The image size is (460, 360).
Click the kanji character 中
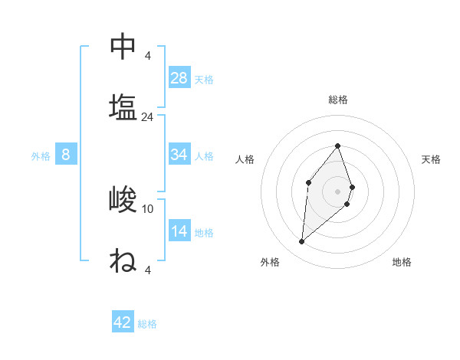tap(123, 46)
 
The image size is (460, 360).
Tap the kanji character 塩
tap(123, 106)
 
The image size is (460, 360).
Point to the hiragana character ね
tap(123, 260)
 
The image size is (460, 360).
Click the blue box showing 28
tap(179, 77)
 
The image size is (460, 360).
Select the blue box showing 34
tap(179, 155)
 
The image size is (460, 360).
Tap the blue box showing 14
tap(179, 231)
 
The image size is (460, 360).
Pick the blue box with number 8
tap(66, 155)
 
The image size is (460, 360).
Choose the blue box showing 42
tap(123, 322)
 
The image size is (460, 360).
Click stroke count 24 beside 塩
tap(148, 117)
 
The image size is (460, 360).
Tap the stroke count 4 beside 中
tap(148, 55)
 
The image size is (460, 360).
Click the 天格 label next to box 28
tap(204, 79)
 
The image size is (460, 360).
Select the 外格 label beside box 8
tap(41, 156)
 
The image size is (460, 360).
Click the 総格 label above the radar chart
tap(338, 100)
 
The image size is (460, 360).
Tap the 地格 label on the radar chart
tap(402, 262)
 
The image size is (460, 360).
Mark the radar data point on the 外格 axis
tap(302, 242)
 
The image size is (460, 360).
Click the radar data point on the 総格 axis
tap(338, 146)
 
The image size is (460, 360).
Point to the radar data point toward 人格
tap(308, 182)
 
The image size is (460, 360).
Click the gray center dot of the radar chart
tap(338, 191)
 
